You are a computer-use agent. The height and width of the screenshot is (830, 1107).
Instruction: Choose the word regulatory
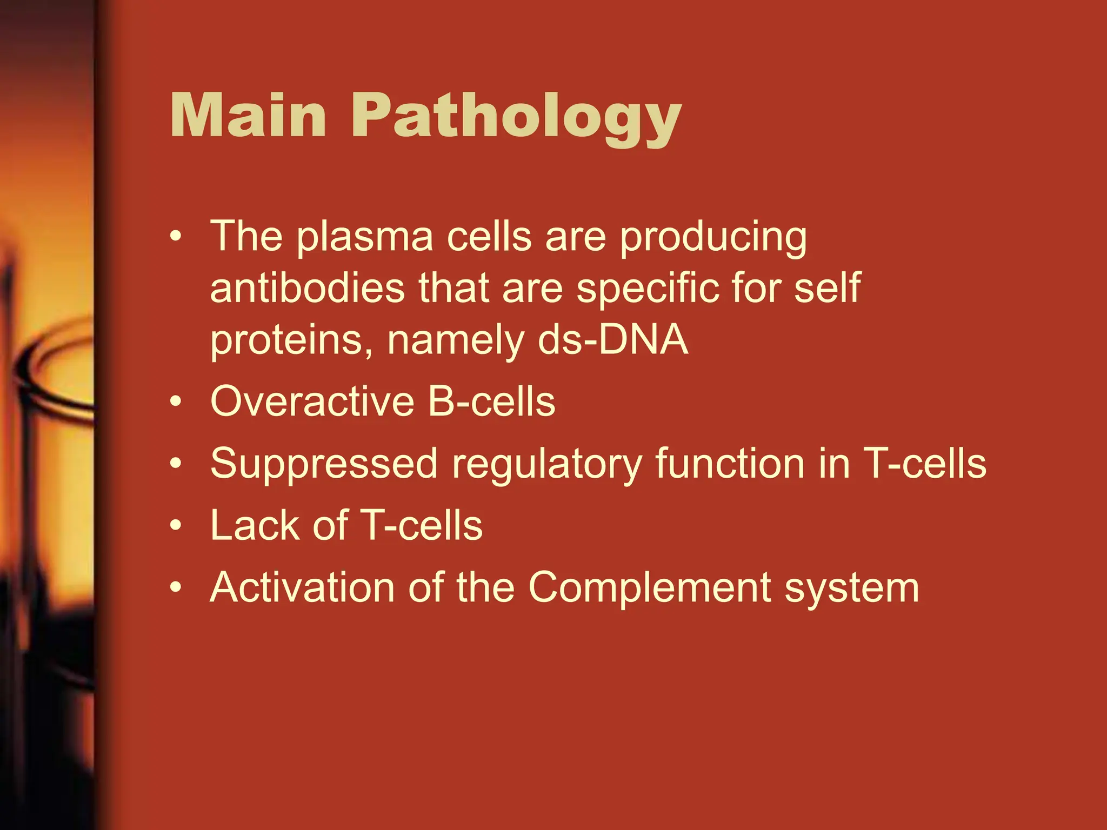pyautogui.click(x=546, y=465)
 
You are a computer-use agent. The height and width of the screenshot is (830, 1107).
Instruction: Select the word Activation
pyautogui.click(x=302, y=587)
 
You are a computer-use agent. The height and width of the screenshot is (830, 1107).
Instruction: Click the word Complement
pyautogui.click(x=649, y=588)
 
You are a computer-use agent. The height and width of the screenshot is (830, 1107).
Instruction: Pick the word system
pyautogui.click(x=851, y=588)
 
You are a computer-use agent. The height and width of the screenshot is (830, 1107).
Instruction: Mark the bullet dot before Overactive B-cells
pyautogui.click(x=175, y=403)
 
